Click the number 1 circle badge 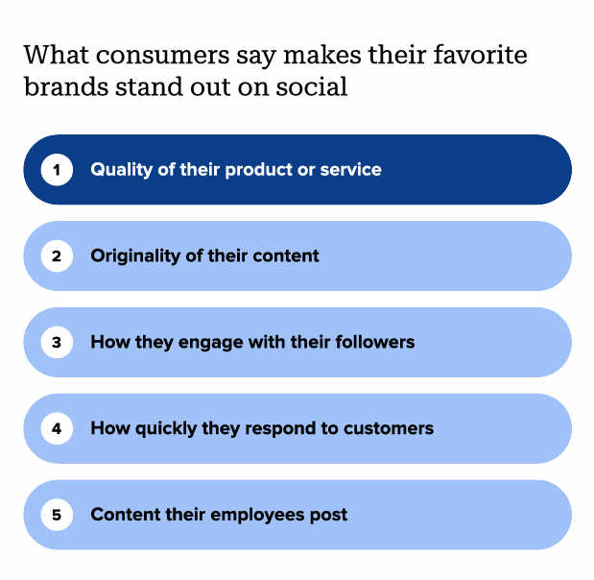57,169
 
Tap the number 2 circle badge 57,255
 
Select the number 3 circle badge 57,342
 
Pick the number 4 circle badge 57,428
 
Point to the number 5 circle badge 57,515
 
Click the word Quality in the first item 121,170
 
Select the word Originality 135,256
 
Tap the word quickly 166,429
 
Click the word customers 389,428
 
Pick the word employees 257,516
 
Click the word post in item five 328,516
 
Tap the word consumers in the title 163,56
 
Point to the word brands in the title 66,86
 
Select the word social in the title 312,86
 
